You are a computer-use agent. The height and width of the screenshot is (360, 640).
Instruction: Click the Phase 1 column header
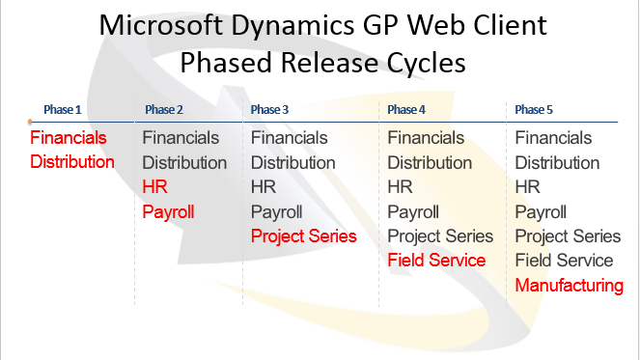point(65,109)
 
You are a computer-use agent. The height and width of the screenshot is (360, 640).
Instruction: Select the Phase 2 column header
point(165,109)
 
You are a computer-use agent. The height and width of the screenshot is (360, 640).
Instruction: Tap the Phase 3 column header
point(271,109)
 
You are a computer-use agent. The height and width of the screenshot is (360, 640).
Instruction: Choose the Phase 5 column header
point(536,109)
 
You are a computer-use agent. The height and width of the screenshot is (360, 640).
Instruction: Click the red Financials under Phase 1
point(69,138)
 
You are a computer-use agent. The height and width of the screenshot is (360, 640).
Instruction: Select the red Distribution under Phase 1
point(72,162)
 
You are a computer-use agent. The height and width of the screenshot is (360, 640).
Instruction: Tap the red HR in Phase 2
point(154,187)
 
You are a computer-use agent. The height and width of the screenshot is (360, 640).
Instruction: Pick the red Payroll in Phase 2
point(168,211)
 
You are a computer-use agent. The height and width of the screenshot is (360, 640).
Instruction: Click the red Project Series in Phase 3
point(303,236)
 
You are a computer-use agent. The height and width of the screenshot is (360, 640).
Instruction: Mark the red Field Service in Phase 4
point(436,261)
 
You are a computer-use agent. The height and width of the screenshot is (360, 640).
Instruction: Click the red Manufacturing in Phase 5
point(569,285)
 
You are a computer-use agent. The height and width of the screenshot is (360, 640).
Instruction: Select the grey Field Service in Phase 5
point(564,261)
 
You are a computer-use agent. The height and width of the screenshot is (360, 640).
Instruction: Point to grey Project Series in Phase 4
point(440,236)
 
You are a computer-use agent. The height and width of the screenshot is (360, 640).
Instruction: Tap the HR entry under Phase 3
point(264,187)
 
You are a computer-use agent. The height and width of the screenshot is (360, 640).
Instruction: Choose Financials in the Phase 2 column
point(181,138)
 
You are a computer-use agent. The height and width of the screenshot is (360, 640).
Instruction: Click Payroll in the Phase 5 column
point(541,211)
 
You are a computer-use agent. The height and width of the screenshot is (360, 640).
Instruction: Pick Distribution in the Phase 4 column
point(430,162)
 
